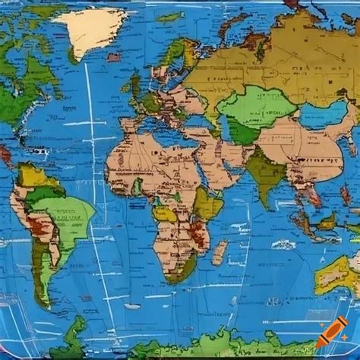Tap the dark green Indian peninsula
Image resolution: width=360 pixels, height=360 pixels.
[267, 171]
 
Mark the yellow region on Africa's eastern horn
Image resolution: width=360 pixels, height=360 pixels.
[207, 201]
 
